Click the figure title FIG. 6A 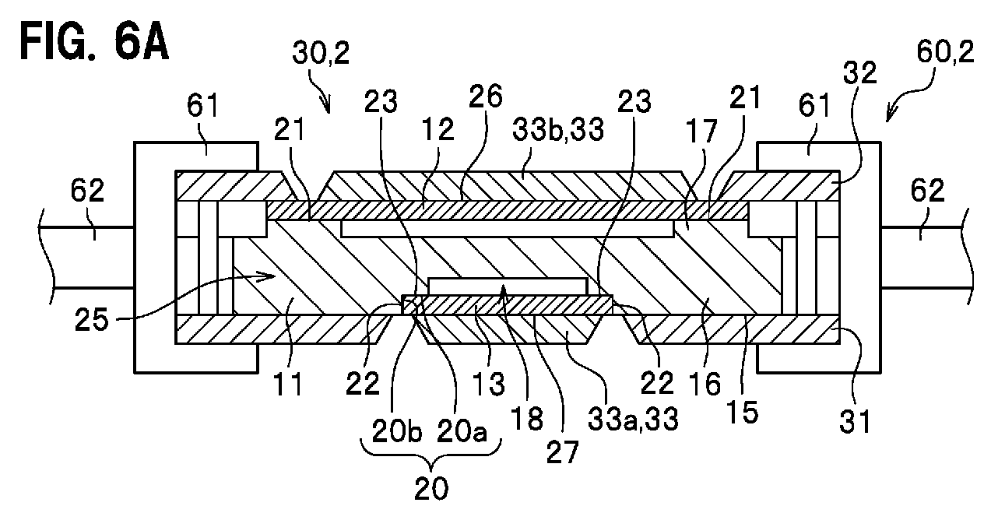pyautogui.click(x=94, y=43)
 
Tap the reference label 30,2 pyautogui.click(x=321, y=53)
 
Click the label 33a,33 pyautogui.click(x=633, y=418)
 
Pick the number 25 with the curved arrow pyautogui.click(x=91, y=319)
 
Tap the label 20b pyautogui.click(x=397, y=431)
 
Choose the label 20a pyautogui.click(x=462, y=431)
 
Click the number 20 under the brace pyautogui.click(x=431, y=487)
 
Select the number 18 pyautogui.click(x=527, y=418)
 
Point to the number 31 pyautogui.click(x=855, y=422)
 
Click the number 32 pyautogui.click(x=859, y=72)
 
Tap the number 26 pyautogui.click(x=486, y=97)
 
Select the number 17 pyautogui.click(x=701, y=131)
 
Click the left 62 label pyautogui.click(x=87, y=190)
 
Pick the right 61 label pyautogui.click(x=814, y=106)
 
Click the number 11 pyautogui.click(x=288, y=384)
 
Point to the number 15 pyautogui.click(x=743, y=413)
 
